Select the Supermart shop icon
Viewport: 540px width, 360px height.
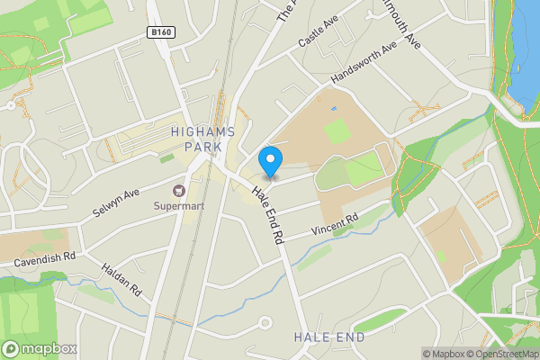click(178, 191)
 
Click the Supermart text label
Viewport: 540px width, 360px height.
click(178, 206)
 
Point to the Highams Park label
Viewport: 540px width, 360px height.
click(202, 139)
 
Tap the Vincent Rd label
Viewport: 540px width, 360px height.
click(335, 224)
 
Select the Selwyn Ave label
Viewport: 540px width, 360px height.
click(116, 204)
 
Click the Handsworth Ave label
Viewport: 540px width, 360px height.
click(364, 63)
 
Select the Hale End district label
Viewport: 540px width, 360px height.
click(328, 337)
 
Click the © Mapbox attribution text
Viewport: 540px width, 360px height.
click(442, 354)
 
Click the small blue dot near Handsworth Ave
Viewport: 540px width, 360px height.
click(333, 109)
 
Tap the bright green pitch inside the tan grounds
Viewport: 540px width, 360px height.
click(337, 130)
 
